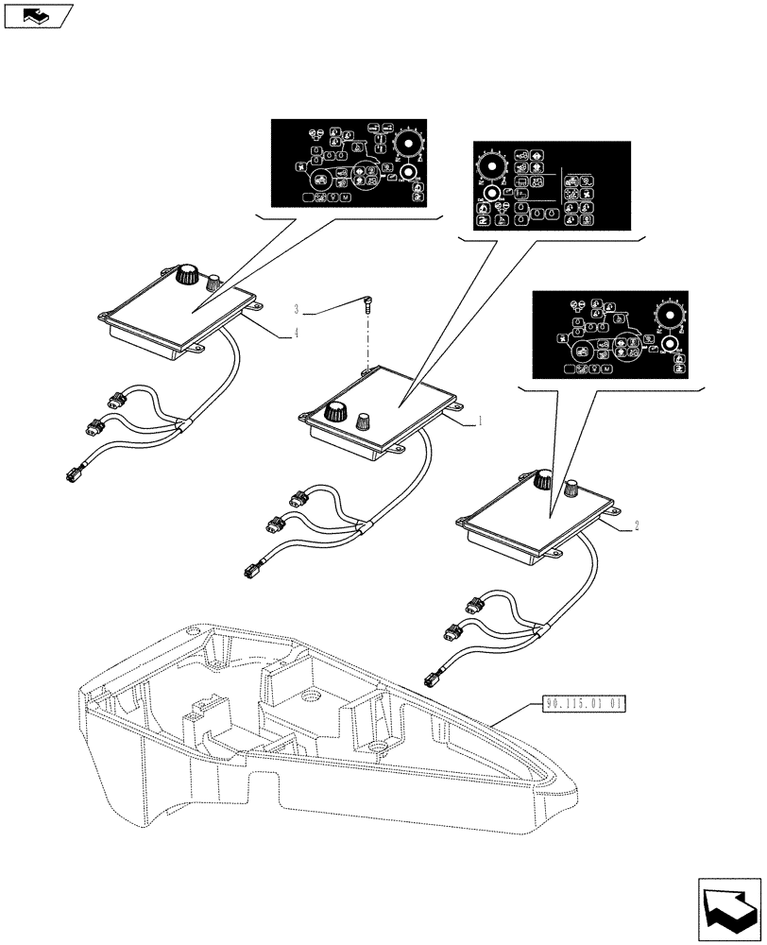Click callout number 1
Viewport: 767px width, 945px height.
pyautogui.click(x=480, y=421)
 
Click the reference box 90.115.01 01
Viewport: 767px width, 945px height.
pyautogui.click(x=586, y=704)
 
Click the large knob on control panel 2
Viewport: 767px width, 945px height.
pyautogui.click(x=541, y=481)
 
